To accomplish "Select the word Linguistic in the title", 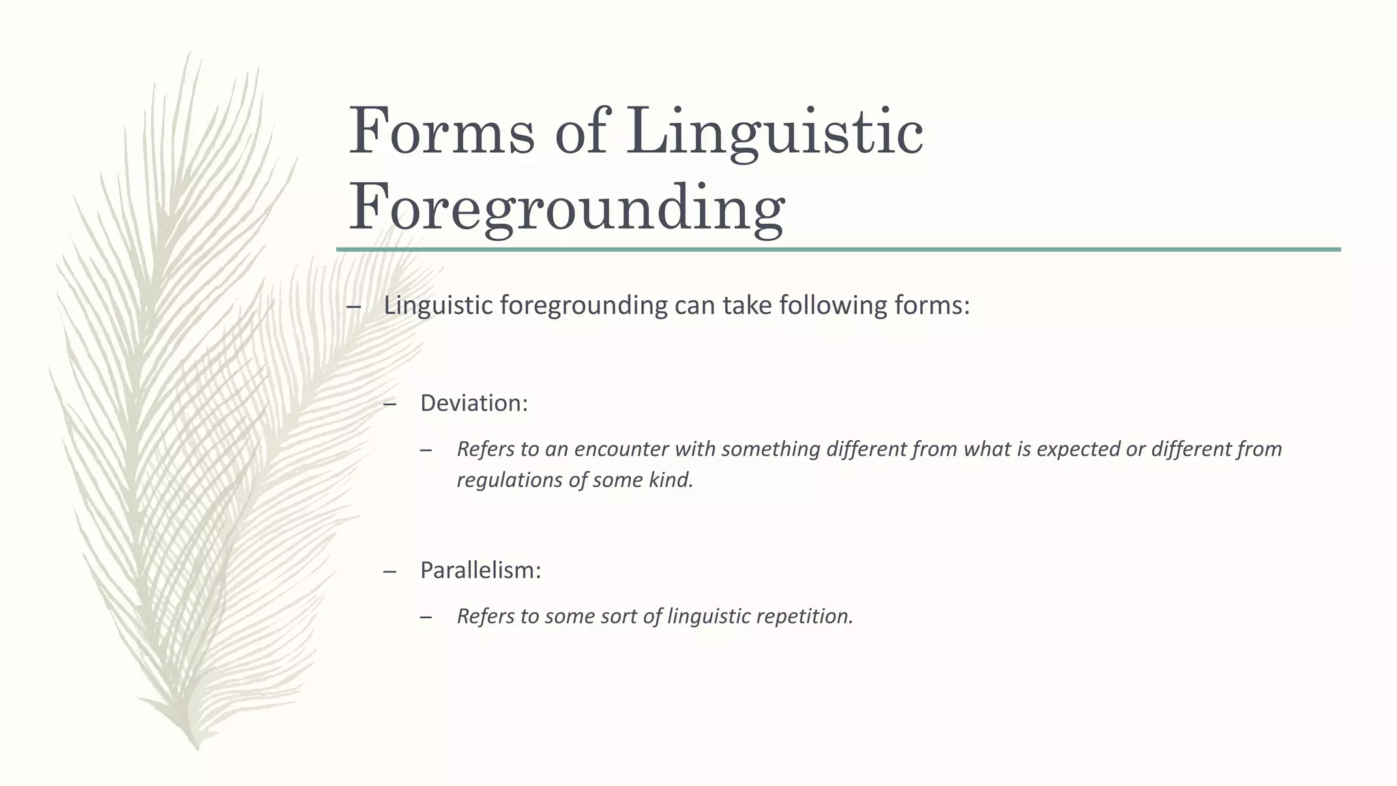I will [x=774, y=131].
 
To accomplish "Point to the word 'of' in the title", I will [x=580, y=131].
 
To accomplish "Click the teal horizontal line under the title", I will [x=838, y=250].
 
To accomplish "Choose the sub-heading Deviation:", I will [x=474, y=403].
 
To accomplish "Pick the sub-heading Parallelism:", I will [x=480, y=570].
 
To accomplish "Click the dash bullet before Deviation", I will [x=390, y=404].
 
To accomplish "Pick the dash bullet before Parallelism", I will [x=390, y=570].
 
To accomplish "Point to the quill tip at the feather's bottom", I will [x=197, y=746].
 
